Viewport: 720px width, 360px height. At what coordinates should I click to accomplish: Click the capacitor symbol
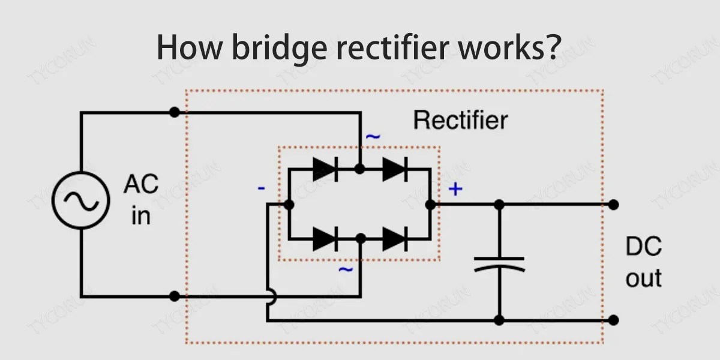point(499,264)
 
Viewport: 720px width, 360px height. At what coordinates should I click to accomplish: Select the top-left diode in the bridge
point(324,170)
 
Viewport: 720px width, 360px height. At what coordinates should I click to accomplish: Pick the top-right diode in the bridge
point(395,170)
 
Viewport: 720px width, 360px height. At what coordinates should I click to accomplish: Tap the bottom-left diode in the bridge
point(324,239)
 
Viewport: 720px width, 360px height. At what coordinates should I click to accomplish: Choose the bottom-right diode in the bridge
point(395,239)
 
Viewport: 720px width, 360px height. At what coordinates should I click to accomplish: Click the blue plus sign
point(456,190)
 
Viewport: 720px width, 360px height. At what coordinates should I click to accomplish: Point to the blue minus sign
point(262,188)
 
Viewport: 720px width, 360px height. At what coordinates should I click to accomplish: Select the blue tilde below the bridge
point(346,270)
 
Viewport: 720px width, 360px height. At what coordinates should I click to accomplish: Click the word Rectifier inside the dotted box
point(460,121)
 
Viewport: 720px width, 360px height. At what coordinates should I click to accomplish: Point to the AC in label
point(141,200)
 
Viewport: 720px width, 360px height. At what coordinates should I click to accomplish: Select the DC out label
point(643,263)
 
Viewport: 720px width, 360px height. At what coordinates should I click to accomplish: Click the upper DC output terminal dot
point(613,205)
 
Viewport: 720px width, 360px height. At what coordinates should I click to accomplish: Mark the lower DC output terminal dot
point(613,320)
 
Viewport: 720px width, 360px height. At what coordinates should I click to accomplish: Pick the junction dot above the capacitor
point(499,205)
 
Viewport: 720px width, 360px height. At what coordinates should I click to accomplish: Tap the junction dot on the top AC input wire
point(174,112)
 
